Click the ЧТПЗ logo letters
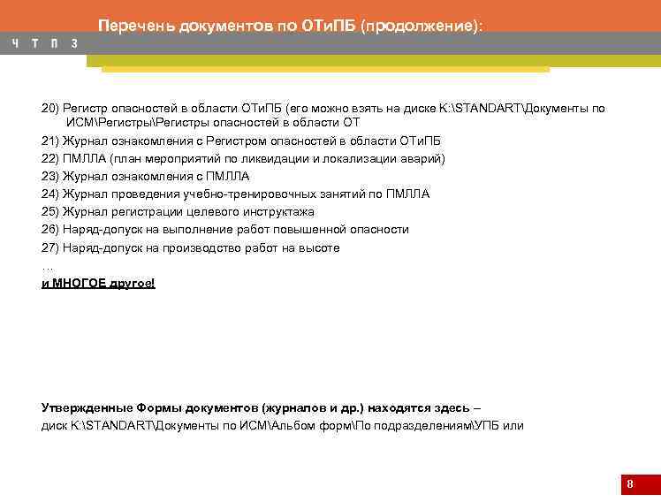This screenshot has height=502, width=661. [x=44, y=43]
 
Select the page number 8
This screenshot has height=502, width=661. [x=629, y=484]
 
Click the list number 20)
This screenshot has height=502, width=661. [x=50, y=109]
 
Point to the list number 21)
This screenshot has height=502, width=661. [x=50, y=141]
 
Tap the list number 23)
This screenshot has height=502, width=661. [x=50, y=176]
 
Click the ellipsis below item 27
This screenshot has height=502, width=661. [x=47, y=266]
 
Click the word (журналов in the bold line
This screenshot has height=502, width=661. [x=287, y=407]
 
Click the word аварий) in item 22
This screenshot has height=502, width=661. [x=424, y=158]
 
